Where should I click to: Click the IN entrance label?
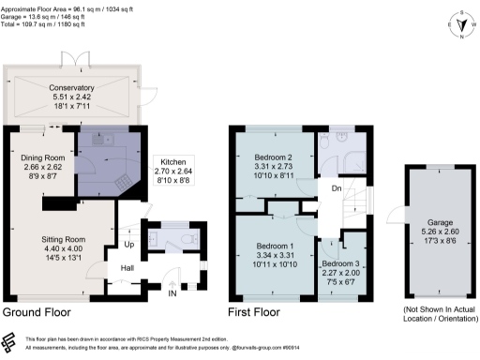[x=172, y=294]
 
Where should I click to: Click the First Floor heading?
[x=254, y=312]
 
